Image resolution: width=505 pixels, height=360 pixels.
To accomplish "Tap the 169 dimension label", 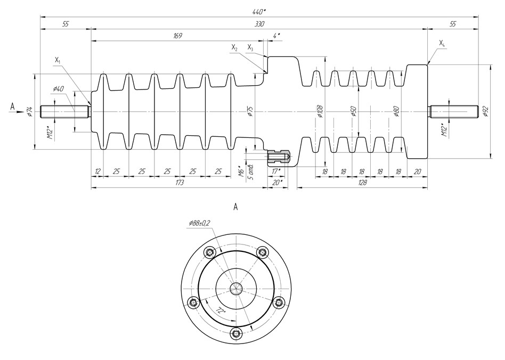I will [178, 36].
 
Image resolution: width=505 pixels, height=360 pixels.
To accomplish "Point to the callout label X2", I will [234, 48].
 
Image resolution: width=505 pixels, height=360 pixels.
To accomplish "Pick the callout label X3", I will [250, 48].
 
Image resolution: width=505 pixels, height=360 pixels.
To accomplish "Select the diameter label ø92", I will [485, 111].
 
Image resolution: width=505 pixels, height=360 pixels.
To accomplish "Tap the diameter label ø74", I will [30, 111].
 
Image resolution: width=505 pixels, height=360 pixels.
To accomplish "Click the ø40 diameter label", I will [58, 88].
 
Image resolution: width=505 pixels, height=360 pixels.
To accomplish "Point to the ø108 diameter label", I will [320, 111].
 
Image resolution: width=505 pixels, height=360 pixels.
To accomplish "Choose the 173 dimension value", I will [179, 183].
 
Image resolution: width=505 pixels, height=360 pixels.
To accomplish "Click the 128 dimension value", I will [362, 183].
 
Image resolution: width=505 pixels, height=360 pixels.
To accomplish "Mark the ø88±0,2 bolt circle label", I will [199, 225].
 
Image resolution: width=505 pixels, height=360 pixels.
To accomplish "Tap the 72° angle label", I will [220, 310].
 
